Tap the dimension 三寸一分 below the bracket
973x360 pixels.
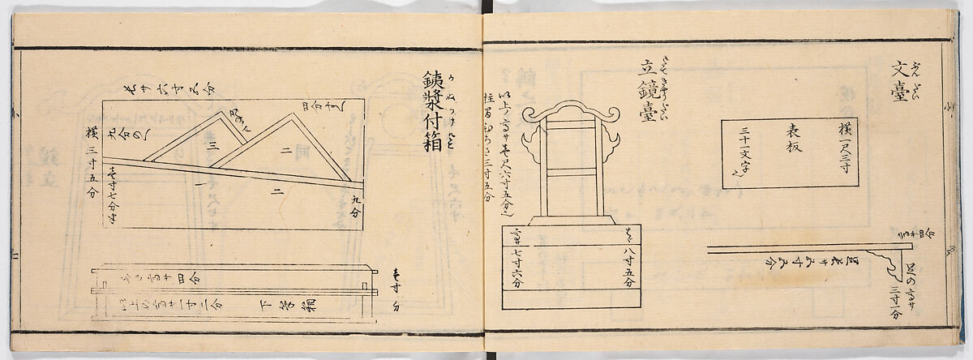point(895,303)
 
